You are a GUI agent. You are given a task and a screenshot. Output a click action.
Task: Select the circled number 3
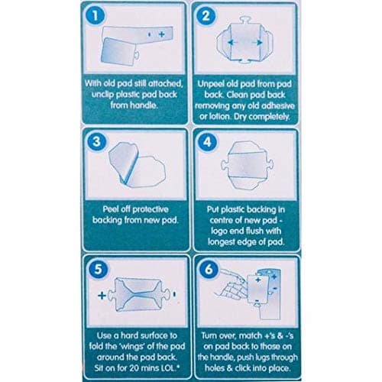(x=95, y=142)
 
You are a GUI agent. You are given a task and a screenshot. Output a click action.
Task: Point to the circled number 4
(x=206, y=142)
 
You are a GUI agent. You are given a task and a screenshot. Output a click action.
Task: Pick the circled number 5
(x=95, y=269)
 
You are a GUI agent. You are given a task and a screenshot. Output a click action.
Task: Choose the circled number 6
(x=206, y=269)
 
